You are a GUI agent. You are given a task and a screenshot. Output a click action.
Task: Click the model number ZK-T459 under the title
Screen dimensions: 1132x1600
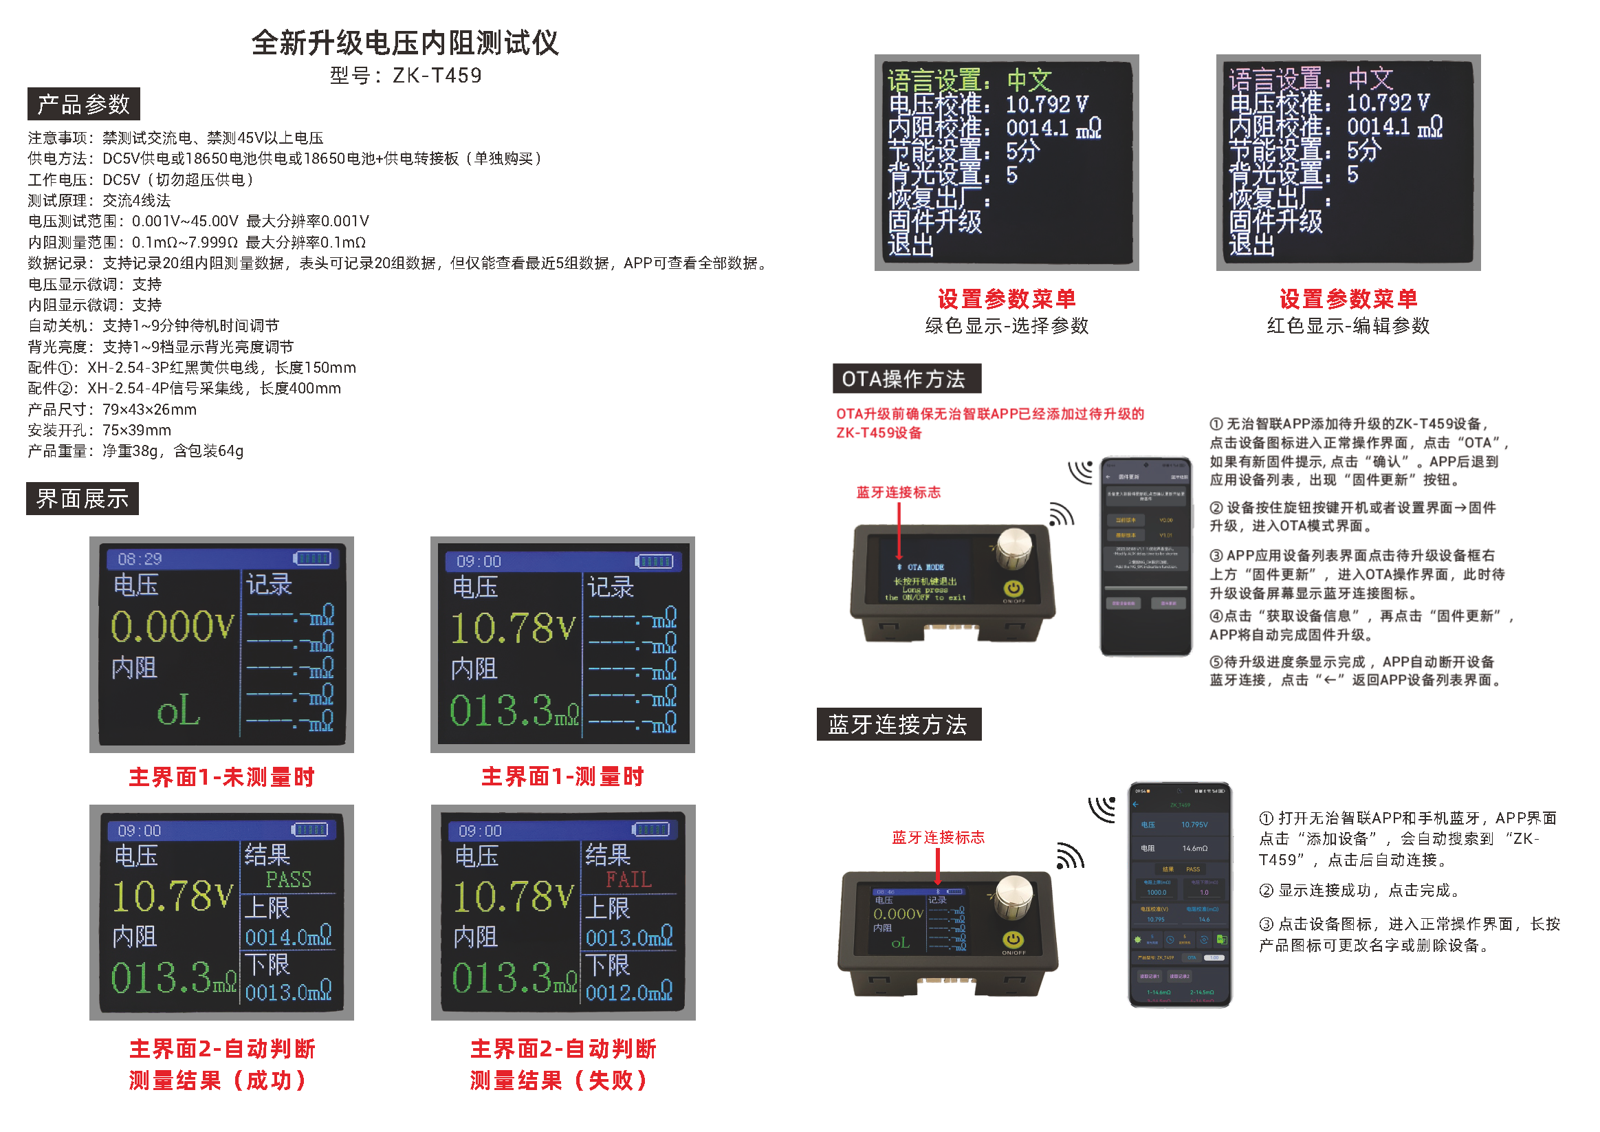coord(436,74)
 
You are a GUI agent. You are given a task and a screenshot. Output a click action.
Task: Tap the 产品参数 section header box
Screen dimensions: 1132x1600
coord(84,104)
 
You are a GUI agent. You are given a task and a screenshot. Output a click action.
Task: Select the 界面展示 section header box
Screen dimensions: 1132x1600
coord(83,499)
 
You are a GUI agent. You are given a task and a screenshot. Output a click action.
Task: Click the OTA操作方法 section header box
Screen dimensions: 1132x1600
coord(906,378)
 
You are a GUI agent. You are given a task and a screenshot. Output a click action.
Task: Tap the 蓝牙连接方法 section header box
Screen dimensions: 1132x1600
coord(898,724)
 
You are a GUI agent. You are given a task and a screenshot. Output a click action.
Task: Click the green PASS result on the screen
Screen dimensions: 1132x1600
coord(289,880)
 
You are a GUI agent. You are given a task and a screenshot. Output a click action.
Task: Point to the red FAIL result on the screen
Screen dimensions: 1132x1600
coord(628,880)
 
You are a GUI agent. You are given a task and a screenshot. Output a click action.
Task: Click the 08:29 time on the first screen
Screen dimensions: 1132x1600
coord(140,559)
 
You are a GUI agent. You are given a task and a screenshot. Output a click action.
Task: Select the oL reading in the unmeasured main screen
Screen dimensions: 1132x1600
coord(178,711)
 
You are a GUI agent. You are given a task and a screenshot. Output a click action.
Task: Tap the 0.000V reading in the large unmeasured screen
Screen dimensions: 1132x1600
coord(171,626)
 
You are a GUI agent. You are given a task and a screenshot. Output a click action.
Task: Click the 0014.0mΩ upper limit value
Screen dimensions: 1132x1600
coord(288,937)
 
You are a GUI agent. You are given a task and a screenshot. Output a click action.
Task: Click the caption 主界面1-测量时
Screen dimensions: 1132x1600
coord(562,776)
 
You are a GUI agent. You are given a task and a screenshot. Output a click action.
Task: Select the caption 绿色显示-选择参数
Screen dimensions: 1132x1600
coord(1006,325)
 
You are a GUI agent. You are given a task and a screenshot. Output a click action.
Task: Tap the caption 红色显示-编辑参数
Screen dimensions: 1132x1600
coord(1348,325)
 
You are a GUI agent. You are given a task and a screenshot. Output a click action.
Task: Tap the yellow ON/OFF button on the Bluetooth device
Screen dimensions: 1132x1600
coord(1013,939)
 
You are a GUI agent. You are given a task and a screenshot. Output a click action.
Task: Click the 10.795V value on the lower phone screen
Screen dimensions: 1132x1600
coord(1194,825)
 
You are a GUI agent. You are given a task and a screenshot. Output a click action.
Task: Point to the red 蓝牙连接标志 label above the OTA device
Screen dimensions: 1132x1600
coord(898,492)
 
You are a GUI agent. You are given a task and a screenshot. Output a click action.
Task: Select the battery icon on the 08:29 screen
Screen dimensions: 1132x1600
coord(312,558)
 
